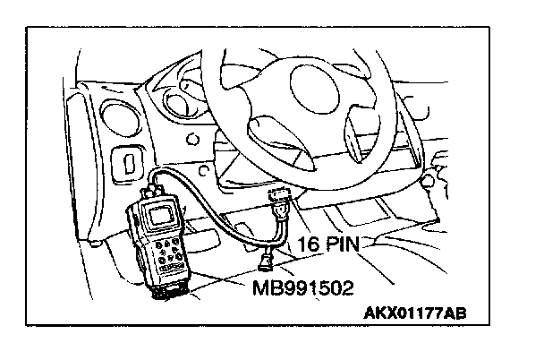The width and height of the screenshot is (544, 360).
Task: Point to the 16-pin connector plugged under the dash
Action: point(280,205)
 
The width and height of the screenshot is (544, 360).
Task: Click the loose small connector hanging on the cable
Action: point(265,261)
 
